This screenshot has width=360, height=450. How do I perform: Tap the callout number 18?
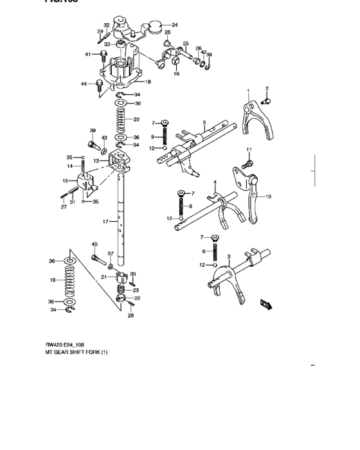coord(148,82)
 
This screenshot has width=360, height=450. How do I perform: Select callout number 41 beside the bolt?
coord(88,55)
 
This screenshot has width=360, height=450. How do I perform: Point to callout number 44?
coord(83,84)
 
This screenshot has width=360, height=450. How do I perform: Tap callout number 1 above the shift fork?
coord(248,90)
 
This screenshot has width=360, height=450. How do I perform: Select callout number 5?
coord(203,122)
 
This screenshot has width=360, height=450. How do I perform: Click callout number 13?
coord(96,161)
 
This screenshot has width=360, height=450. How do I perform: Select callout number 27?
coord(64,207)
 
